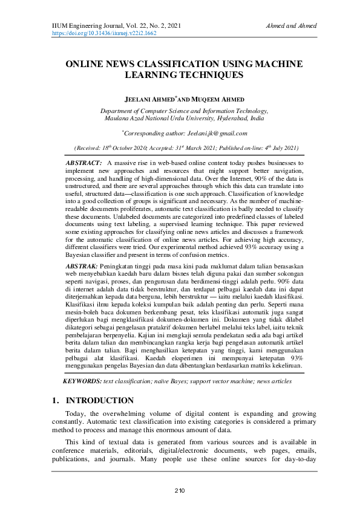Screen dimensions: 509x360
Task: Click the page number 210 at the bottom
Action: click(x=179, y=490)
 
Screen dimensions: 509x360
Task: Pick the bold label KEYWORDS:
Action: click(x=82, y=381)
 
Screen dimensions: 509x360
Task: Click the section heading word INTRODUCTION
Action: click(x=100, y=401)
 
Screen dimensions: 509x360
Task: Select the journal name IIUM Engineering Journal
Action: click(x=83, y=26)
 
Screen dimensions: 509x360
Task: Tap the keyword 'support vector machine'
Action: click(x=224, y=381)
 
